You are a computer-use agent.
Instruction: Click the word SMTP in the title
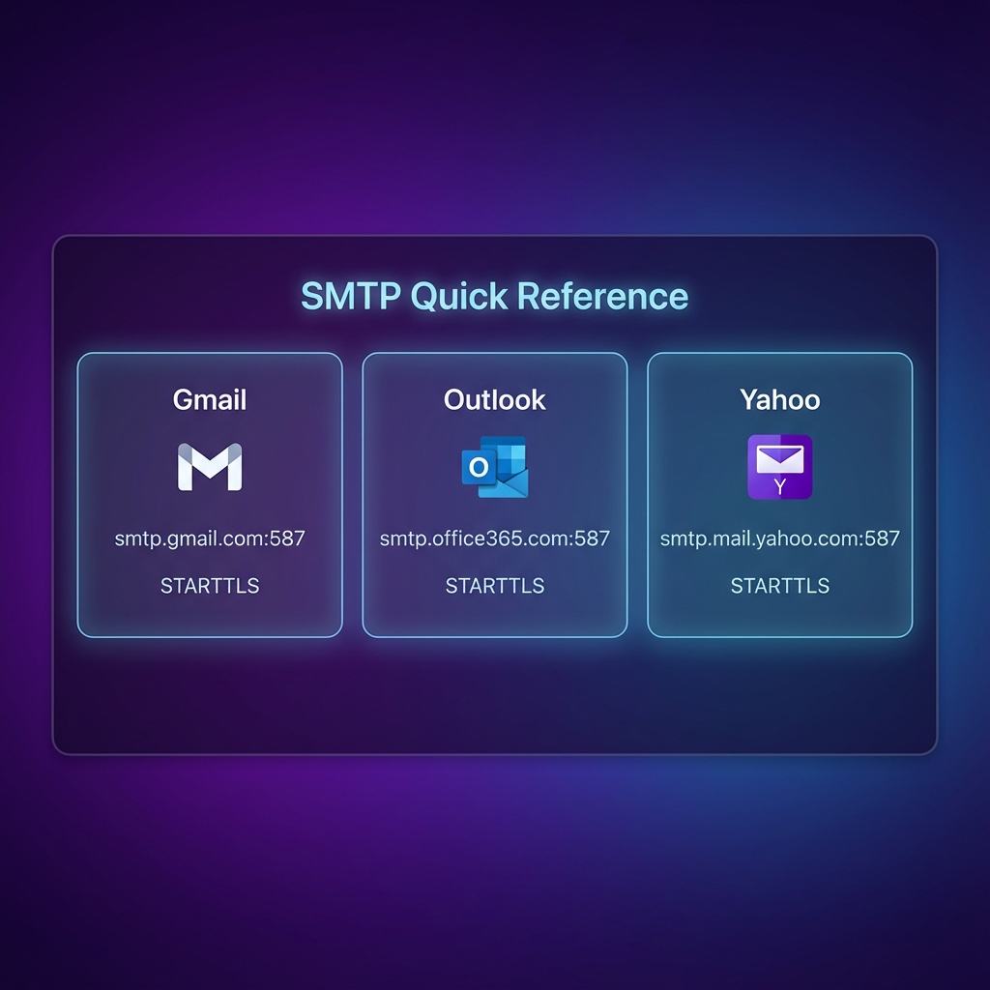350,296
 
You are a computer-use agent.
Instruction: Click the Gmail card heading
210,399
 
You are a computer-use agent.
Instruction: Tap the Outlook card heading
495,399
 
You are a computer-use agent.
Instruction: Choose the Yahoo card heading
779,399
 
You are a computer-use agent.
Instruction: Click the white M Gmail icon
210,467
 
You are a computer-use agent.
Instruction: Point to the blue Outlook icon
495,467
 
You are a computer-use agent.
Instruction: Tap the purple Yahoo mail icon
779,467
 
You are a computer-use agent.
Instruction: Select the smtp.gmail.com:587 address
210,539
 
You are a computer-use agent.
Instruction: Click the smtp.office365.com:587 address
495,539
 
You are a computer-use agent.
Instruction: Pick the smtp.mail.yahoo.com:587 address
779,539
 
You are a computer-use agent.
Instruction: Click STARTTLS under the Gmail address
210,586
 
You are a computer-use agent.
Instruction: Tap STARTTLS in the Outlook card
495,586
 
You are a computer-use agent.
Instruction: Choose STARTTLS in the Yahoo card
779,586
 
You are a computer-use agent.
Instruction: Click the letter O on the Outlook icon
478,468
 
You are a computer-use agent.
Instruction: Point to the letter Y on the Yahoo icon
779,486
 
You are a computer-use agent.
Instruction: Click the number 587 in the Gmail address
286,539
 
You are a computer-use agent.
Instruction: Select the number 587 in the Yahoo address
881,539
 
